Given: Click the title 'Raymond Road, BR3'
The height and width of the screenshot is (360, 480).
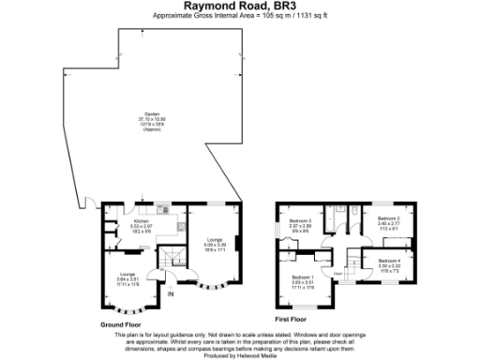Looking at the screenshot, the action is (239, 6).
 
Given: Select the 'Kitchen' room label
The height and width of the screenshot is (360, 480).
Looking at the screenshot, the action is (141, 221).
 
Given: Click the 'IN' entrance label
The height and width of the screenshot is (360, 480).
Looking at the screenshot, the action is (171, 294).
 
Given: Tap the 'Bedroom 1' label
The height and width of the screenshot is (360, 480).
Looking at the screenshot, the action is (303, 277).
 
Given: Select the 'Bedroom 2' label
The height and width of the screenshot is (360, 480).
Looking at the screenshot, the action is (389, 218).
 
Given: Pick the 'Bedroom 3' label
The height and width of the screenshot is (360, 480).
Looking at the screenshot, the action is (299, 221).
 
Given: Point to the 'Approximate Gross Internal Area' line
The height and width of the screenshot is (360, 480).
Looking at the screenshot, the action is (239, 16).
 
